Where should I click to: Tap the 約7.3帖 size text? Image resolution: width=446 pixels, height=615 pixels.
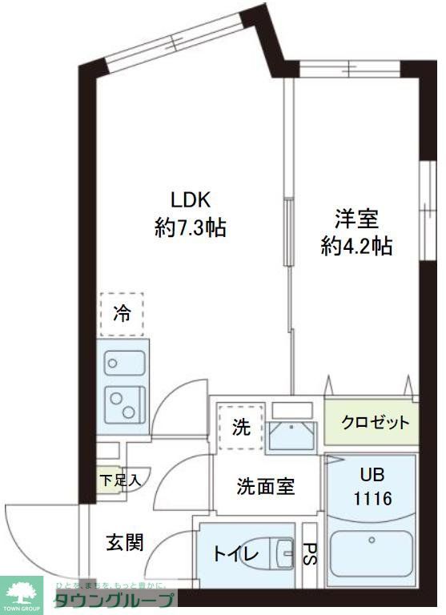pos(190,228)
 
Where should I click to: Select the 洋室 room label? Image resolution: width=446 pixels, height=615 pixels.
pos(356,218)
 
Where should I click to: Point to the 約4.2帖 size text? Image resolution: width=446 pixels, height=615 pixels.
pos(356,247)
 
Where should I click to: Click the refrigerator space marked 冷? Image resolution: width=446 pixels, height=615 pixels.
pos(121,314)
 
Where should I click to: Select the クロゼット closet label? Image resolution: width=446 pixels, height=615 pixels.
pos(374,423)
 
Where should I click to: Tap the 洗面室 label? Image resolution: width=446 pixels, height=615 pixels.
pos(264,486)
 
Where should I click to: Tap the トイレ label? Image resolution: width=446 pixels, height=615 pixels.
pos(235,554)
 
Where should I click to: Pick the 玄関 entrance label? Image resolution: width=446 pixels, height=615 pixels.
pos(125,542)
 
